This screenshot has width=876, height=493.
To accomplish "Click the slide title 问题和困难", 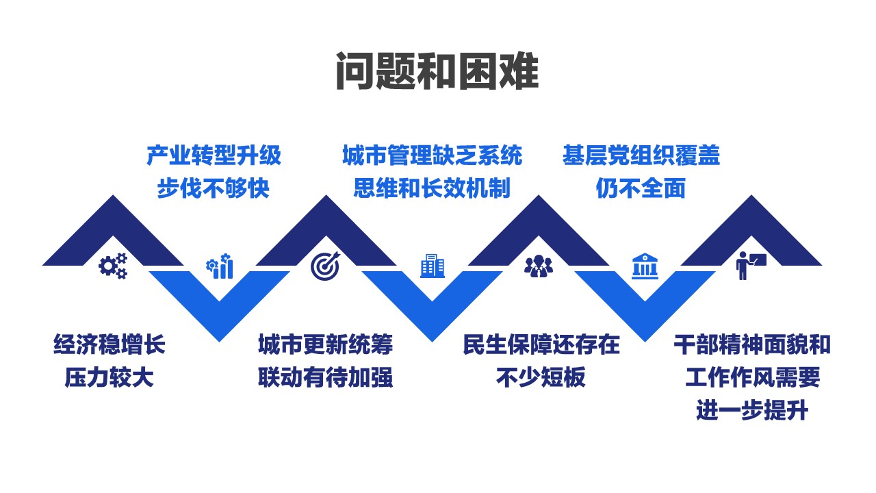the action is click(x=437, y=71).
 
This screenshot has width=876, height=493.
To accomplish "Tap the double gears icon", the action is click(x=113, y=266).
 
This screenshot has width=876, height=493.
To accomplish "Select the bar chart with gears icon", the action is click(x=220, y=266).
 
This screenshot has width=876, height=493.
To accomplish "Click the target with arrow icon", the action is click(x=325, y=266).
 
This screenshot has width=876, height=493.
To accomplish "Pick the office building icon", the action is click(x=432, y=266).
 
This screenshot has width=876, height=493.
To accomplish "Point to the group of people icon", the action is click(x=539, y=266).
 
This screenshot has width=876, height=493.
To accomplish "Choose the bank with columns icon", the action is click(x=645, y=266).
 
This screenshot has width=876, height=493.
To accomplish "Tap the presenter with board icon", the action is click(x=751, y=266).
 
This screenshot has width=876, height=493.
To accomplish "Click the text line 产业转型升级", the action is click(x=214, y=155).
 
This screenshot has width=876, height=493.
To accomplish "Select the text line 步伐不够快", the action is click(x=214, y=188).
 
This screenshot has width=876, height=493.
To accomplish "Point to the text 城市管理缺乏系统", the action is click(x=432, y=155).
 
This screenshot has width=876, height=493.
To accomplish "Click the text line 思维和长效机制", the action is click(x=432, y=188).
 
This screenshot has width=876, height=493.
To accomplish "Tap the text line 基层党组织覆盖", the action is click(x=641, y=155).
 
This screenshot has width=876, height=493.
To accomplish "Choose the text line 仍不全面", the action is click(x=641, y=188).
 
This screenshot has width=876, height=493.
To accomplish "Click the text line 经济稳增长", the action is click(x=109, y=344).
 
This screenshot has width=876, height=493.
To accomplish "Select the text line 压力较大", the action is click(x=109, y=377).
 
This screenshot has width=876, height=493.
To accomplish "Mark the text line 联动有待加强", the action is click(x=325, y=377).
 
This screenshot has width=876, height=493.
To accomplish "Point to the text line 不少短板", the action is click(x=541, y=377).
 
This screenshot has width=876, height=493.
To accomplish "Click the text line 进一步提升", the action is click(x=752, y=410).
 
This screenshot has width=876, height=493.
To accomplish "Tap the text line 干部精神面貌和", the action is click(x=752, y=344).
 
